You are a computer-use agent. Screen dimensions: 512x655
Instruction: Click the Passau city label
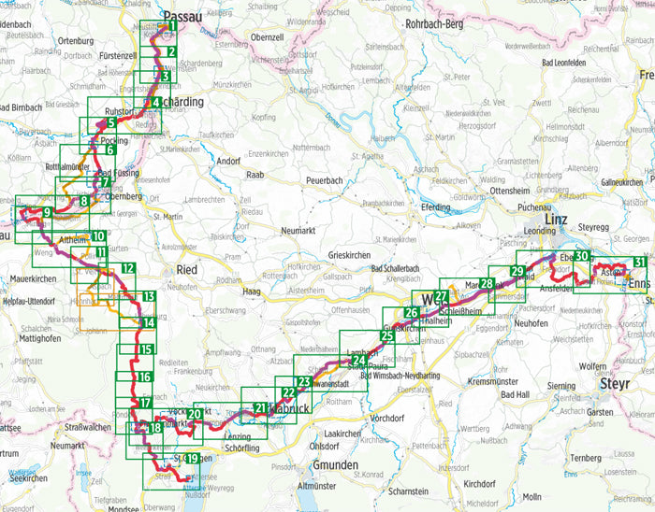click(182, 16)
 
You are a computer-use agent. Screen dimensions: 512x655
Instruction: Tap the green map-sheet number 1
click(172, 26)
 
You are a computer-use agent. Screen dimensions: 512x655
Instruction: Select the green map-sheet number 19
click(193, 458)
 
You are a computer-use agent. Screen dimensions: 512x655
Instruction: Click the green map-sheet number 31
click(639, 262)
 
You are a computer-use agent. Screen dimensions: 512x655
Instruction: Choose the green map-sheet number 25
click(386, 336)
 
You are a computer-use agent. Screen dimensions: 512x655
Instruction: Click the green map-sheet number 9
click(46, 214)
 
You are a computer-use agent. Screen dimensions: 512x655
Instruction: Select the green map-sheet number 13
click(149, 298)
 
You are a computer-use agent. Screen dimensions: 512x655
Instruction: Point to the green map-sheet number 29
click(517, 272)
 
